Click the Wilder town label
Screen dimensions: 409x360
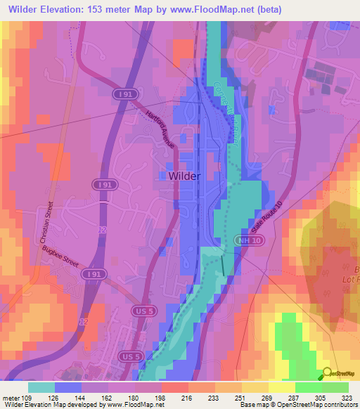click(184, 176)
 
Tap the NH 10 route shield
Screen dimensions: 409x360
click(243, 241)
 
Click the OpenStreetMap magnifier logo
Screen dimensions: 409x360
click(324, 374)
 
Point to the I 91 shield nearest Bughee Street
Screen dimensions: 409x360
click(89, 273)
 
